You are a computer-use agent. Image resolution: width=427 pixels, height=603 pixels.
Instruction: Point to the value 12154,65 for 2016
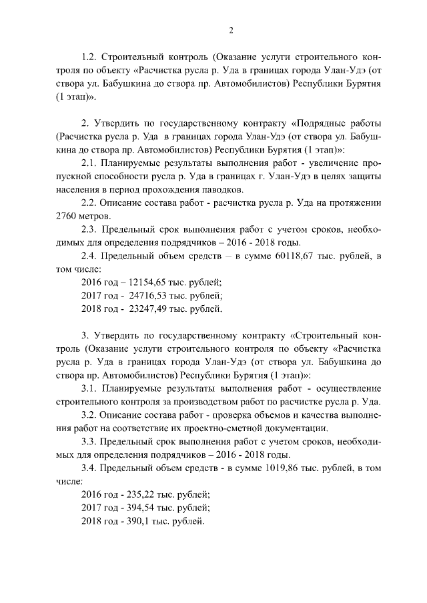134,283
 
